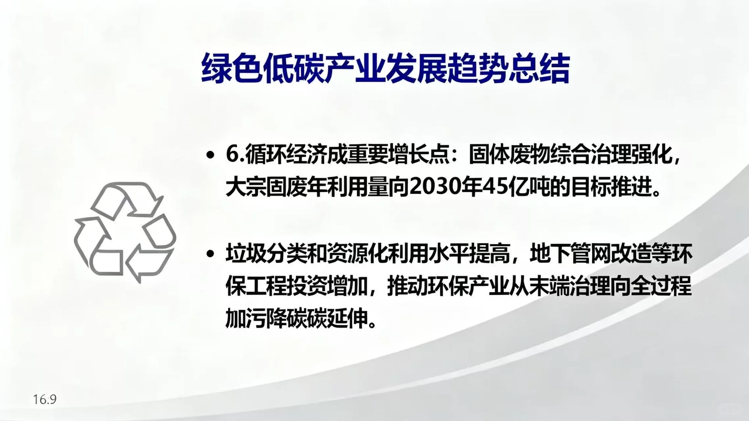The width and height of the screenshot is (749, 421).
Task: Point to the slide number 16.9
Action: click(x=45, y=399)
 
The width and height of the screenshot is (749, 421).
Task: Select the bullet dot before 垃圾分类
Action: click(x=211, y=254)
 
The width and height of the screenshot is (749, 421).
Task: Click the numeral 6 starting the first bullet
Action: click(x=232, y=155)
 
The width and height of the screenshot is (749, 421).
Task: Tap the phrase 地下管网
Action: click(x=570, y=254)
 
